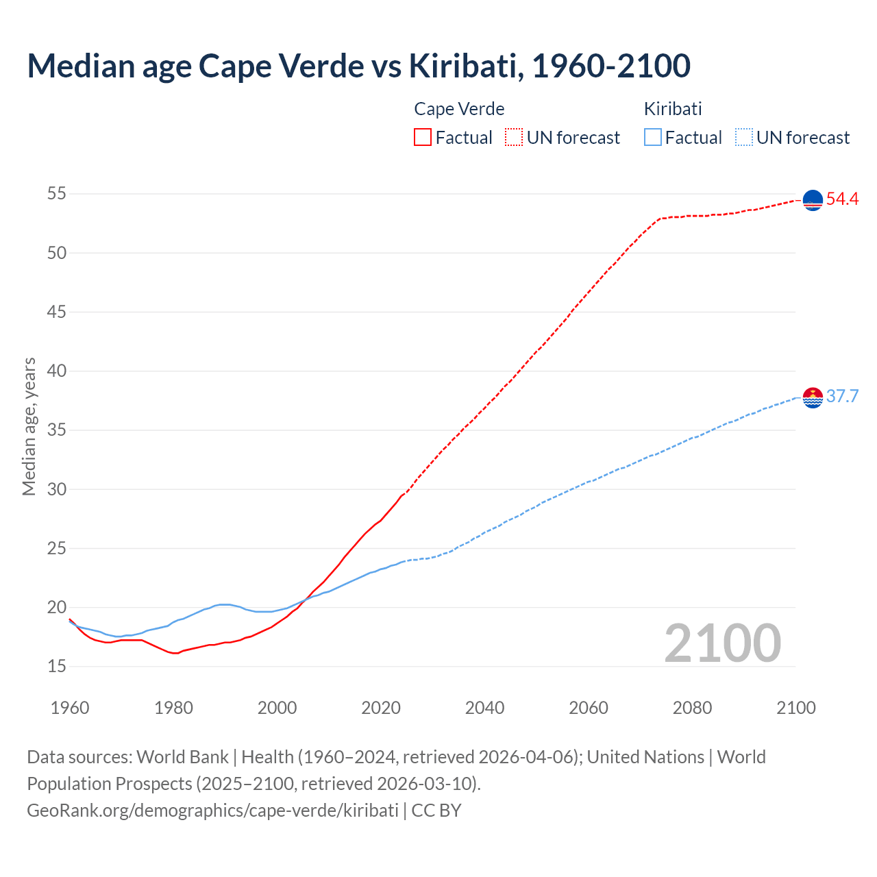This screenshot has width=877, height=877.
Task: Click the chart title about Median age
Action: pos(358,66)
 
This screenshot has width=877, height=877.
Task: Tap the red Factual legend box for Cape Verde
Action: pos(423,137)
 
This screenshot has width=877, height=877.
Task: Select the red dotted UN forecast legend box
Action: pos(514,137)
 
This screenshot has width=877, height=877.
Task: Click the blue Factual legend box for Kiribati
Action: pos(653,137)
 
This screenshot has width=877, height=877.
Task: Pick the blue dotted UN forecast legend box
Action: pos(743,137)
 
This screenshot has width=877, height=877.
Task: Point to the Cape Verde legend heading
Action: pos(459,109)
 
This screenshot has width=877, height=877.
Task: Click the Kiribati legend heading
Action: pos(673,109)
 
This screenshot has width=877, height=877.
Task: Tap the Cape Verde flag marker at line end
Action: pos(813,200)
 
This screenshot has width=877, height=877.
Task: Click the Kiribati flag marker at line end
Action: pos(813,397)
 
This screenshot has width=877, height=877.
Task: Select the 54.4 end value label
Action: pos(842,199)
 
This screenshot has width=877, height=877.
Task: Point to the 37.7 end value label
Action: pos(842,397)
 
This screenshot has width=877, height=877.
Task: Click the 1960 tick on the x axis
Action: pos(70,708)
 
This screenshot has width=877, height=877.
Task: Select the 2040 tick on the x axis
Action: pos(484,708)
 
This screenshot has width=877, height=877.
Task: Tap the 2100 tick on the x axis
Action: pos(795,708)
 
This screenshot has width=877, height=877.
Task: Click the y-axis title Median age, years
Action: pos(29,426)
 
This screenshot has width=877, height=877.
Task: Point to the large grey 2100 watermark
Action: pos(722,643)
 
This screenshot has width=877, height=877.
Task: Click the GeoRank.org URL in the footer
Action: pos(212,811)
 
